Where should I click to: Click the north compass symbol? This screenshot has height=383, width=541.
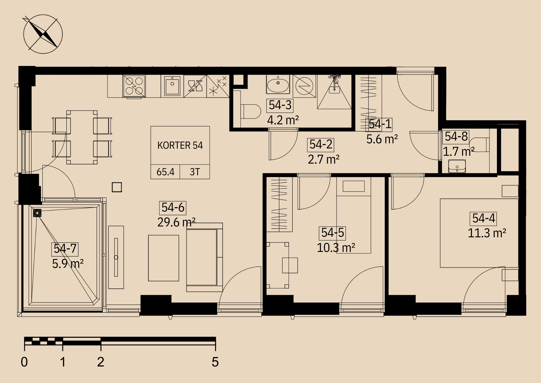point(43,34)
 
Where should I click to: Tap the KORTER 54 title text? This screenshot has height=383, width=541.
point(180,145)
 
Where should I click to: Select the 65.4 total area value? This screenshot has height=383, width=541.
point(165,172)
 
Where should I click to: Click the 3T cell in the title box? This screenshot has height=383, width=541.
point(195,172)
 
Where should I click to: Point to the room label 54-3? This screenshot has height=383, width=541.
point(280,105)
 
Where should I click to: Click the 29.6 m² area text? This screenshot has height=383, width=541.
point(176,222)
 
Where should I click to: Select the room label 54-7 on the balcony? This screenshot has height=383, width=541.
point(65,249)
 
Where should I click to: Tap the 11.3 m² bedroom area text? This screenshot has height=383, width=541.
point(487,233)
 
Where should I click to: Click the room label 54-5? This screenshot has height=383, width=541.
point(332,233)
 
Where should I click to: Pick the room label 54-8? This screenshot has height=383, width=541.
point(456,137)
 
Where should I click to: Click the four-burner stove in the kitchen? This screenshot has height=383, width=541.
point(134,86)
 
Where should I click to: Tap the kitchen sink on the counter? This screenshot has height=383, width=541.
point(172,86)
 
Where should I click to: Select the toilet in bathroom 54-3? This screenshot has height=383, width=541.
point(250,111)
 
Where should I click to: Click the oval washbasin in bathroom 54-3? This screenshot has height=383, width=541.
point(278,85)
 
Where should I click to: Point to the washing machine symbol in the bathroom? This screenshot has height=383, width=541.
point(304,86)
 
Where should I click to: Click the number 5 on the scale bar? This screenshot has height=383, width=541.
point(215,362)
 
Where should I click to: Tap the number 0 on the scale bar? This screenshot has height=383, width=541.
point(24,362)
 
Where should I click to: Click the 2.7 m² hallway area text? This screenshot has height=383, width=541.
point(324,160)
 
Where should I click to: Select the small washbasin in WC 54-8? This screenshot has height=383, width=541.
point(457,166)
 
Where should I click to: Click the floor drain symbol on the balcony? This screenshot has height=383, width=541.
point(37,213)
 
